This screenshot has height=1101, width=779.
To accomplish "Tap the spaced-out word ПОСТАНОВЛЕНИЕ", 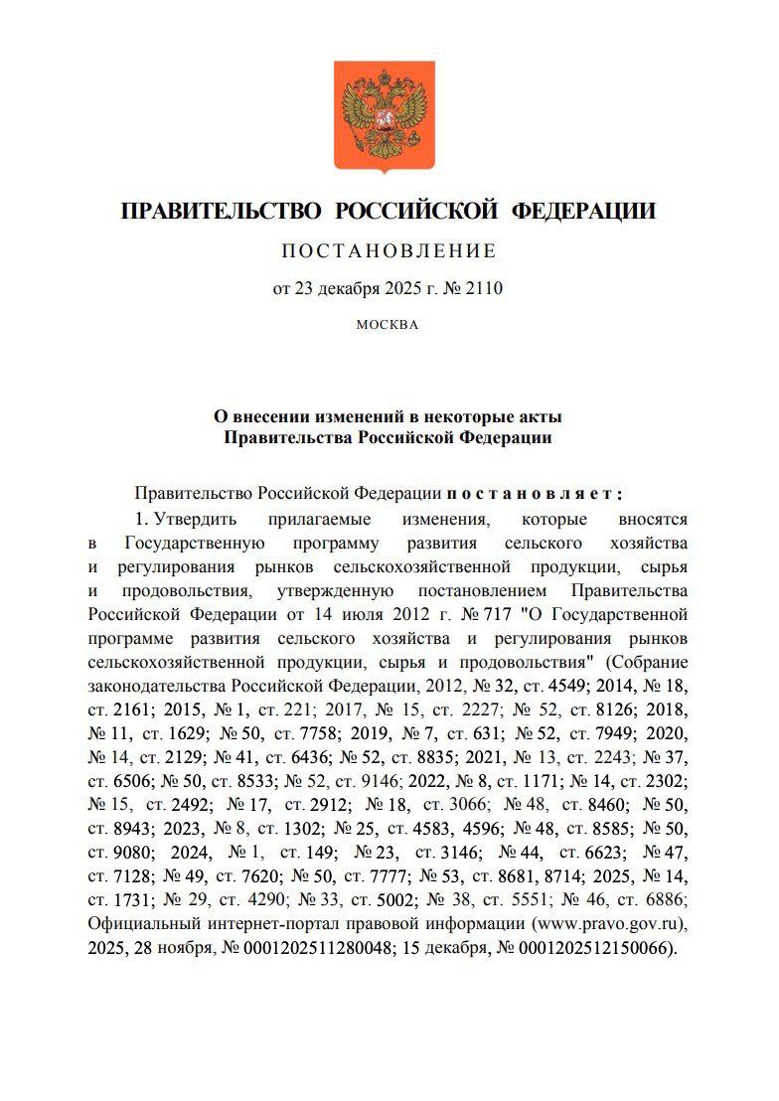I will pyautogui.click(x=389, y=250).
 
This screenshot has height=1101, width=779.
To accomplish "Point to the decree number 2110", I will pyautogui.click(x=485, y=289).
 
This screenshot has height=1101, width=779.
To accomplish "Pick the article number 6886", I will pyautogui.click(x=659, y=900).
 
